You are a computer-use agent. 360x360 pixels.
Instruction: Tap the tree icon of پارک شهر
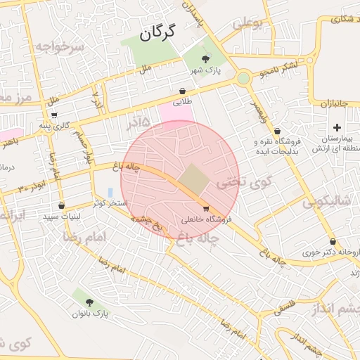pos(205,59)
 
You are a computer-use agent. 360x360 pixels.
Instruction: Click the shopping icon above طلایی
pos(183,91)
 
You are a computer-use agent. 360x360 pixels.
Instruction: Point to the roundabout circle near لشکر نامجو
pos(243,78)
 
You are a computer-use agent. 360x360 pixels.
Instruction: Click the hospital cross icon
pos(337,127)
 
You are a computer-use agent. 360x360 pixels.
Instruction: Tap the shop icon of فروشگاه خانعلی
pos(205,208)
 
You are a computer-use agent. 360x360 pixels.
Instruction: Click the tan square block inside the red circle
pos(193,179)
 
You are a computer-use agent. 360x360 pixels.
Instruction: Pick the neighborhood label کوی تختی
pos(233,182)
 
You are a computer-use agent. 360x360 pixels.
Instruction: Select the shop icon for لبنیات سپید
pos(62,206)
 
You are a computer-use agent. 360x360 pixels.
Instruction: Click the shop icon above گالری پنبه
pos(54,115)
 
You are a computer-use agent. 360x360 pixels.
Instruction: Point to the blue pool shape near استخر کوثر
pos(110,192)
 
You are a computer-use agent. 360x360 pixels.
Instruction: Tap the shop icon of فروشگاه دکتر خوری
pos(332,241)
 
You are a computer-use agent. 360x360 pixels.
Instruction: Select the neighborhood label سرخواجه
pos(61,46)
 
